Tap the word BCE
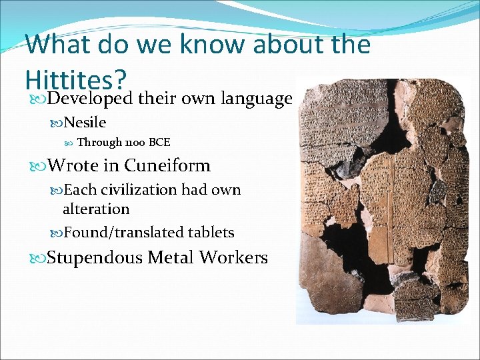click(x=160, y=142)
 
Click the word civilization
click(x=138, y=190)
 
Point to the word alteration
click(x=96, y=209)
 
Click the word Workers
click(x=235, y=257)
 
